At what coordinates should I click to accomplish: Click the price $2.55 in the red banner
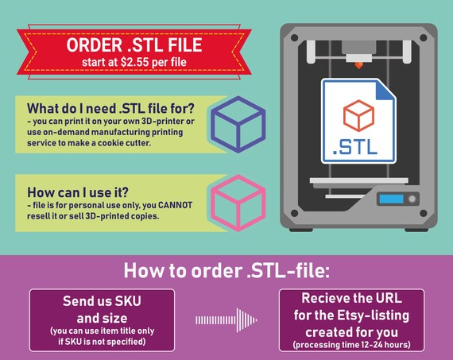[134, 62]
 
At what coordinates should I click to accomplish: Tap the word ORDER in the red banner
[95, 45]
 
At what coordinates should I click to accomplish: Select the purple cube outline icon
[238, 125]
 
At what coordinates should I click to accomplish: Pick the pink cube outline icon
[238, 203]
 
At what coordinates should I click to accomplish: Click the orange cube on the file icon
[358, 115]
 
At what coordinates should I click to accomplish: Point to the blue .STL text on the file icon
[355, 147]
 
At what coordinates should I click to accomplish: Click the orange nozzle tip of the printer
[358, 65]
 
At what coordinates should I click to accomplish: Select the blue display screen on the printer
[391, 199]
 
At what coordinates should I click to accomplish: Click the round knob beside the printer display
[412, 199]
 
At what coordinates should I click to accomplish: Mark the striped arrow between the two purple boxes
[226, 319]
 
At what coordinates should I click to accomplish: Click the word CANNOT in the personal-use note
[175, 205]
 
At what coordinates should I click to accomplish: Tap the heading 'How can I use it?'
[78, 192]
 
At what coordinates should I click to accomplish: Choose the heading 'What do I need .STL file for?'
[110, 108]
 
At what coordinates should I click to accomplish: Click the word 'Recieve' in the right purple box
[319, 298]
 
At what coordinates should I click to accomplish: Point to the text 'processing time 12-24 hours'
[351, 345]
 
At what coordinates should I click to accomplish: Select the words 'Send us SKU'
[102, 301]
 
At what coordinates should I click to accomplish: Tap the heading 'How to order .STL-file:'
[226, 270]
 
